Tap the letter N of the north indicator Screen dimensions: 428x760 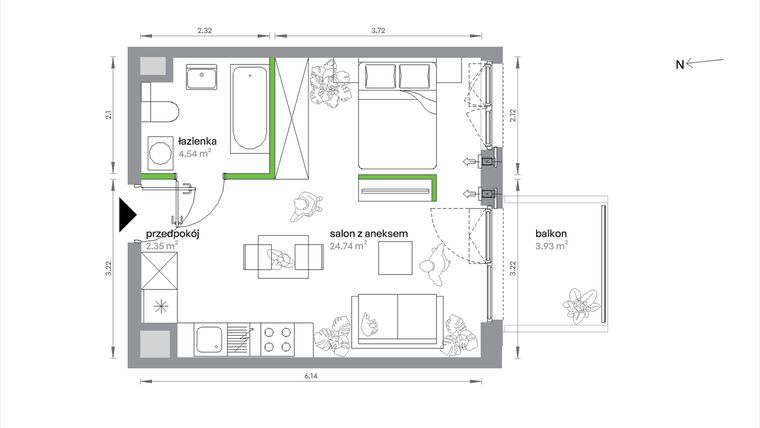679,65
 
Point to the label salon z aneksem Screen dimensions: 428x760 369,232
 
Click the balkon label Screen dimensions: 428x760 552,232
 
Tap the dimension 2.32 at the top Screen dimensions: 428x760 204,31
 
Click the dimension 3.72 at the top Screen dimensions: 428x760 378,31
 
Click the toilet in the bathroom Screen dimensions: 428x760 160,105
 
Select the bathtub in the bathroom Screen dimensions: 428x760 247,109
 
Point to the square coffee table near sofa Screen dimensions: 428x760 396,260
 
